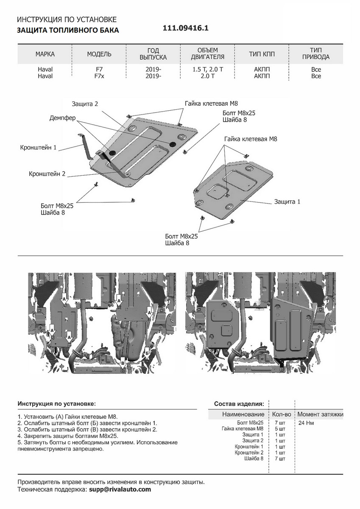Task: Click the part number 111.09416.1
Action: click(x=186, y=28)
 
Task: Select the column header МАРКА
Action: click(x=45, y=54)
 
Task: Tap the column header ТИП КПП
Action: click(x=262, y=54)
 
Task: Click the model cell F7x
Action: click(x=99, y=76)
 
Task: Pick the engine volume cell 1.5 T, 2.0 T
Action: click(x=207, y=70)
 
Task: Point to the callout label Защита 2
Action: click(x=85, y=103)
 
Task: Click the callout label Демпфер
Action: click(x=62, y=118)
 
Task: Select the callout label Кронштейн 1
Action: click(x=38, y=148)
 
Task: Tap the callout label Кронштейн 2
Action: click(x=47, y=174)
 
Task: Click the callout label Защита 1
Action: click(x=287, y=202)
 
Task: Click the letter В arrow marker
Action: click(x=123, y=363)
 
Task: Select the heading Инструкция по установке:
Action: click(x=56, y=403)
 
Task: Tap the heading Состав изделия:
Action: click(x=239, y=403)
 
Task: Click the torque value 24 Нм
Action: click(x=306, y=423)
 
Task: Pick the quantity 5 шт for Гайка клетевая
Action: click(x=279, y=429)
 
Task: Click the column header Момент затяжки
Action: click(x=320, y=414)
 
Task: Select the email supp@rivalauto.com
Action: click(x=120, y=489)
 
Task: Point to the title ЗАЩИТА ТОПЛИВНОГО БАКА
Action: click(x=68, y=31)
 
